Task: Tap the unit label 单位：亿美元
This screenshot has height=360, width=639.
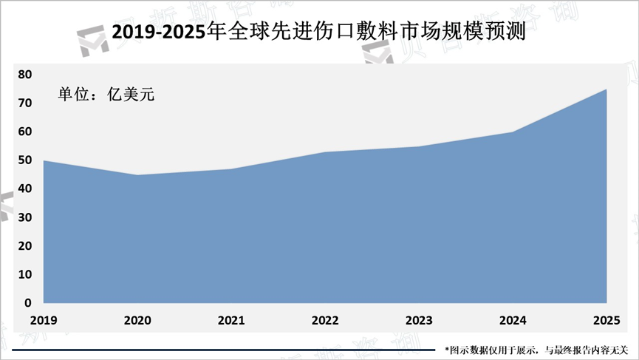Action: click(106, 94)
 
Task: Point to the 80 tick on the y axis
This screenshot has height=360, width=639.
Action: click(25, 74)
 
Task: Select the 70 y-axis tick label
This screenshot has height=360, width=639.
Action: click(25, 103)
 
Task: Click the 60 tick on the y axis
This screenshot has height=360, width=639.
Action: click(25, 132)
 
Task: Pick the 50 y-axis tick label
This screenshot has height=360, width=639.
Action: click(25, 160)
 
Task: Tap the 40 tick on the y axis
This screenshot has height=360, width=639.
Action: click(25, 189)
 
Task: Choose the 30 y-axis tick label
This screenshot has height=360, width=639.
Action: click(25, 217)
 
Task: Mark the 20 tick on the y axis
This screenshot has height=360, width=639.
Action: click(25, 245)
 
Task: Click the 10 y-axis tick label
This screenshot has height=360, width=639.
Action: click(25, 274)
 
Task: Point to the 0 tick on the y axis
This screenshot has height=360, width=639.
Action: click(28, 303)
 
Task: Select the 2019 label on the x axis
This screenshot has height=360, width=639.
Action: click(44, 320)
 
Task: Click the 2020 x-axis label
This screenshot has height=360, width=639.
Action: click(137, 320)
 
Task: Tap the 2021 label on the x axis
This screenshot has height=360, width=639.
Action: click(231, 320)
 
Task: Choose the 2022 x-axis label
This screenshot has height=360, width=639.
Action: click(325, 320)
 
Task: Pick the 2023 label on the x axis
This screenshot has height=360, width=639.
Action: click(419, 320)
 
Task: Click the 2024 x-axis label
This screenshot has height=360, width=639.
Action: click(513, 320)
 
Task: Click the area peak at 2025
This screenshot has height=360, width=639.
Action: click(606, 90)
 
